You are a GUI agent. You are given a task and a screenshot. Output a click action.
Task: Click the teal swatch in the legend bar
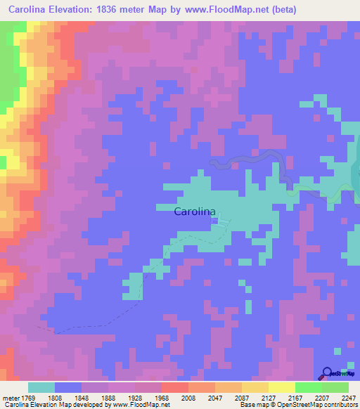coord(41,387)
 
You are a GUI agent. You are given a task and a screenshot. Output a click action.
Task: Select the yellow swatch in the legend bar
coord(282,387)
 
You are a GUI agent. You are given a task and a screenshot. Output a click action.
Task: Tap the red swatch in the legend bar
coord(175,387)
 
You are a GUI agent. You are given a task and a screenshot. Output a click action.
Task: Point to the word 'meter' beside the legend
coord(11,398)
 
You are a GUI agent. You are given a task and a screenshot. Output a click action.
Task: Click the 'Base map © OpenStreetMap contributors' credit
coord(297,405)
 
